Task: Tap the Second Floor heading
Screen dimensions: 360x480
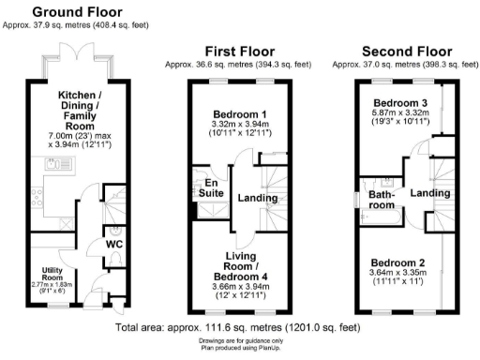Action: [401, 50]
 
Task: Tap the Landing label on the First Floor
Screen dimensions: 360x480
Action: [258, 199]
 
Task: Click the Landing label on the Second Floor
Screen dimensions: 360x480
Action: [430, 193]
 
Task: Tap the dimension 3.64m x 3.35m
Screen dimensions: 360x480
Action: [398, 275]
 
